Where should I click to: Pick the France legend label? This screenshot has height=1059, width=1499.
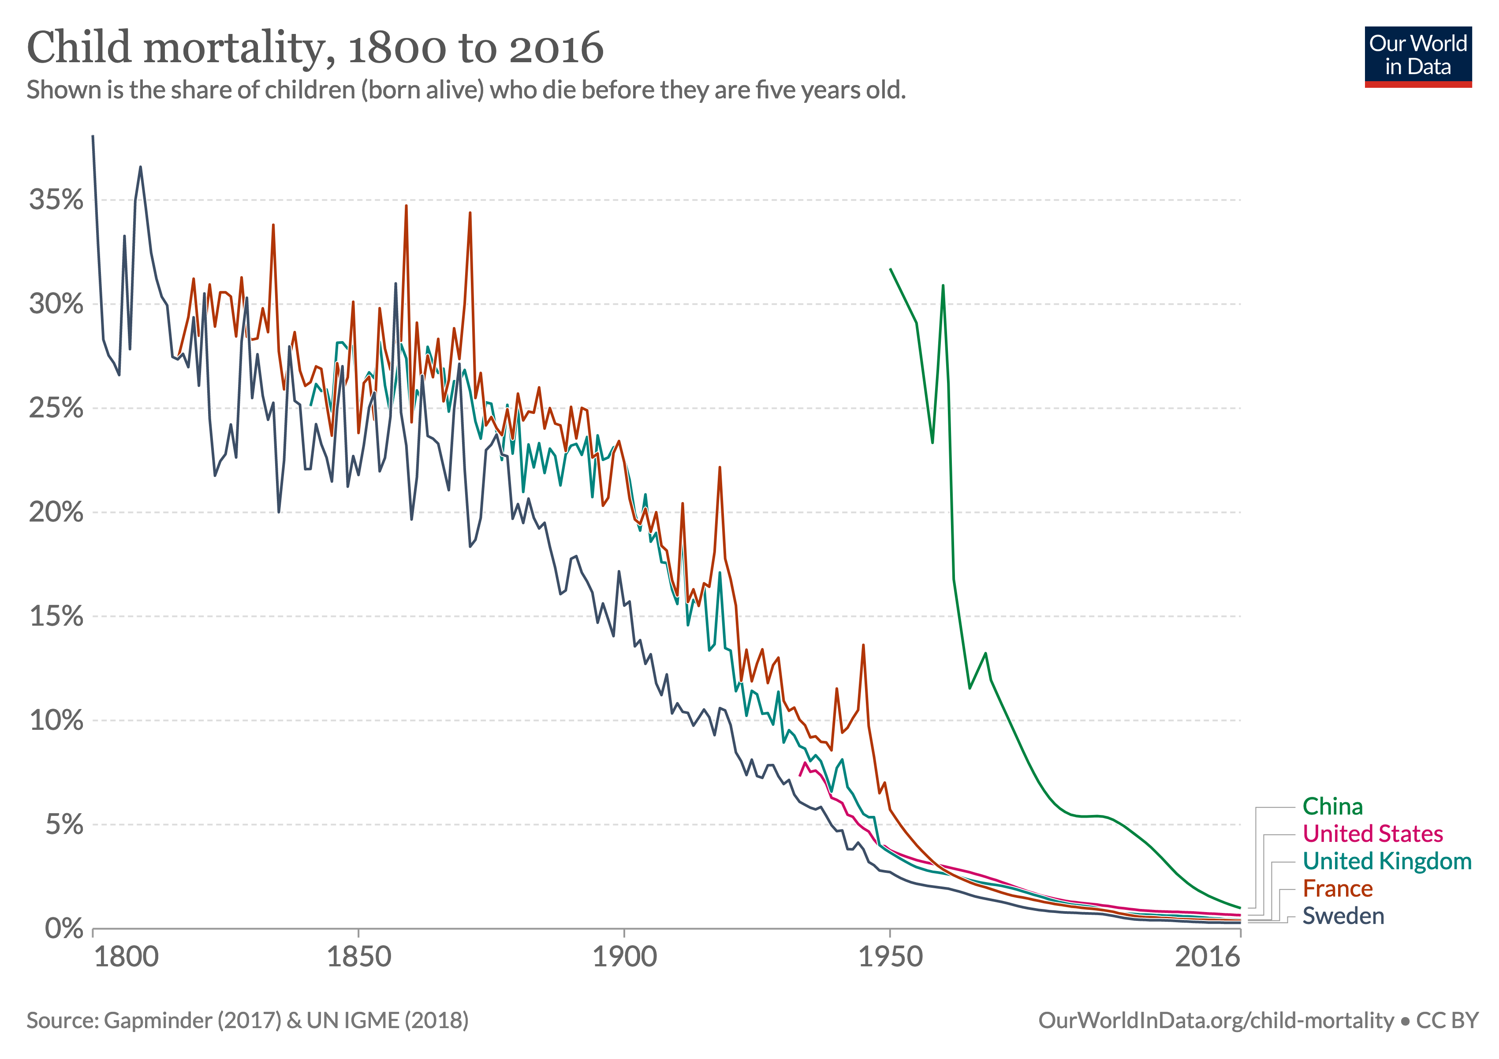tap(1337, 889)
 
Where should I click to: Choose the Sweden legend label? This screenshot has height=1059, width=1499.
tap(1342, 916)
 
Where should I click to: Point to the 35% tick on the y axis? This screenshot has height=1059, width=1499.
tap(56, 200)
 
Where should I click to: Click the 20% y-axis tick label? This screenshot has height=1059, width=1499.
tap(56, 512)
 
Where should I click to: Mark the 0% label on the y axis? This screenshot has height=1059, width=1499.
tap(64, 928)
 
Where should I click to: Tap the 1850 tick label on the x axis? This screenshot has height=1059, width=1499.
tap(358, 957)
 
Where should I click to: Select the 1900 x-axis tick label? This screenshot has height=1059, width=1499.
tap(624, 957)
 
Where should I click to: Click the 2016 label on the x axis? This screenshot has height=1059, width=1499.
tap(1207, 957)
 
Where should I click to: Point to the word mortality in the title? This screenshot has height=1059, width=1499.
tap(239, 49)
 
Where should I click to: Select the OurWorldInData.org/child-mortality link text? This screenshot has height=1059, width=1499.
tap(1216, 1021)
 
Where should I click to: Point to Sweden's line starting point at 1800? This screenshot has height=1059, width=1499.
tap(93, 136)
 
